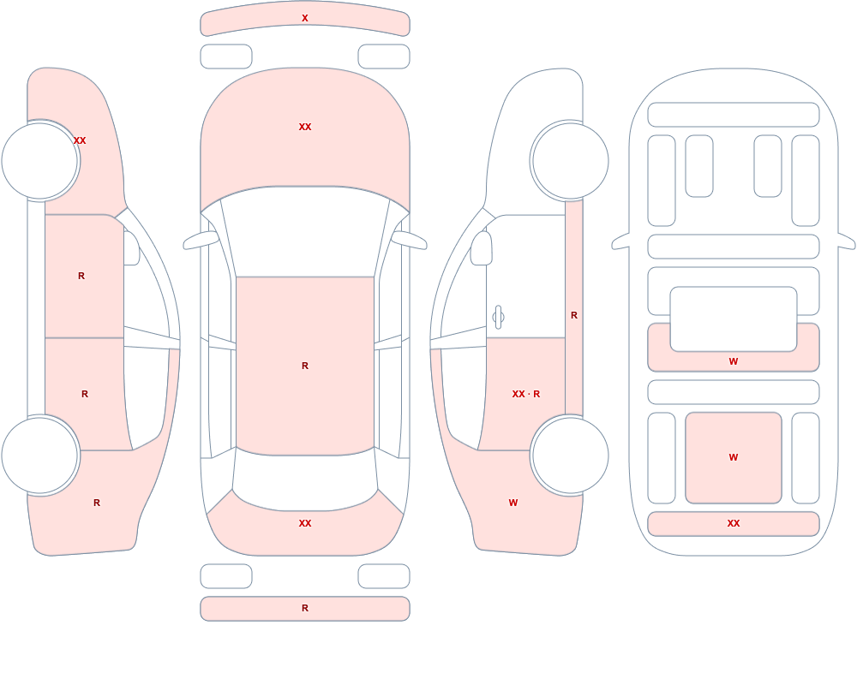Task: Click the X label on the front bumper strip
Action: pos(305,18)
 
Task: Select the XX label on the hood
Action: pos(305,127)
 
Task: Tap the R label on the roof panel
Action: pos(305,366)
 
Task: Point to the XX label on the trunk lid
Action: pos(305,523)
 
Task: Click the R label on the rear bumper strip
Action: pos(305,608)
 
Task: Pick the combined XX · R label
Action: pos(526,394)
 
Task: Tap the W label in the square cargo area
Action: pos(734,457)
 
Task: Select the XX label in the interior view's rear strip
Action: pos(734,523)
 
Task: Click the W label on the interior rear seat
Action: pos(734,361)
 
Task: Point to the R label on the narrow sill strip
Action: pos(574,315)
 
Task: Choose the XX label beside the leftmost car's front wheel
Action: pos(80,140)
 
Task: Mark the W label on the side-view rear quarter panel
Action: pos(513,503)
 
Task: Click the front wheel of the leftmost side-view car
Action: pos(40,161)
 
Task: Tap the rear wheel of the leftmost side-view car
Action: pos(40,455)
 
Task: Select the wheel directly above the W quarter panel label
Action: pos(570,455)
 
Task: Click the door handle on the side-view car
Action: pos(498,318)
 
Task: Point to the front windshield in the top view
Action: pos(305,229)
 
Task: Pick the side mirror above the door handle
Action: pos(482,248)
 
